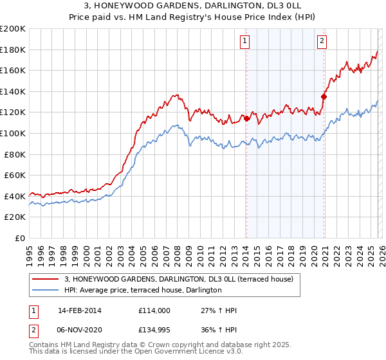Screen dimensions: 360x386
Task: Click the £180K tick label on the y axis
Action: [13, 50]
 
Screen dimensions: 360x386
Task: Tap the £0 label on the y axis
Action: [20, 238]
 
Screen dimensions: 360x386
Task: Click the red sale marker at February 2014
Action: [246, 118]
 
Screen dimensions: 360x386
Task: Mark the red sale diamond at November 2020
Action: [324, 96]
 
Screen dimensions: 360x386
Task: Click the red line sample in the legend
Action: [46, 279]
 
